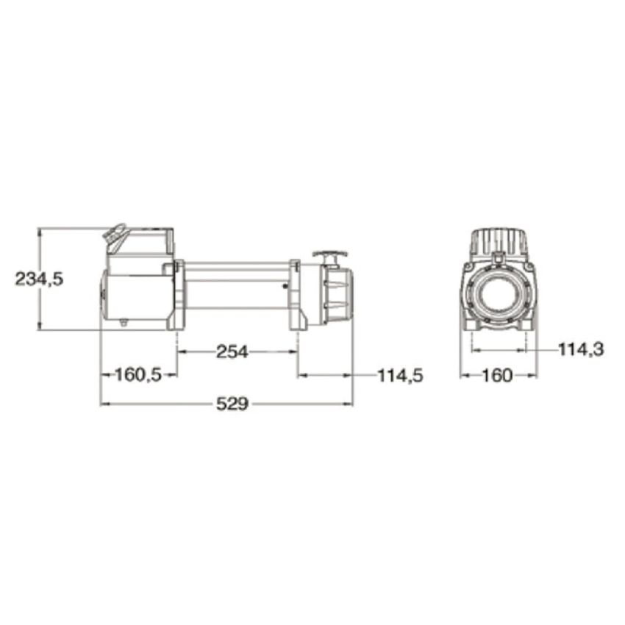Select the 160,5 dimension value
coord(138,375)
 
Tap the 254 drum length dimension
coord(232,352)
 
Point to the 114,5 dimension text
coord(400,375)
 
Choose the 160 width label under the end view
coord(497,375)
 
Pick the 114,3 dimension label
coord(580,350)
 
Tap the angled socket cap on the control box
coord(114,235)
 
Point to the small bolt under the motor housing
coord(125,321)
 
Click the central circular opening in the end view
coord(499,295)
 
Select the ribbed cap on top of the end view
coord(499,241)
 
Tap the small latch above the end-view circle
coord(499,257)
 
